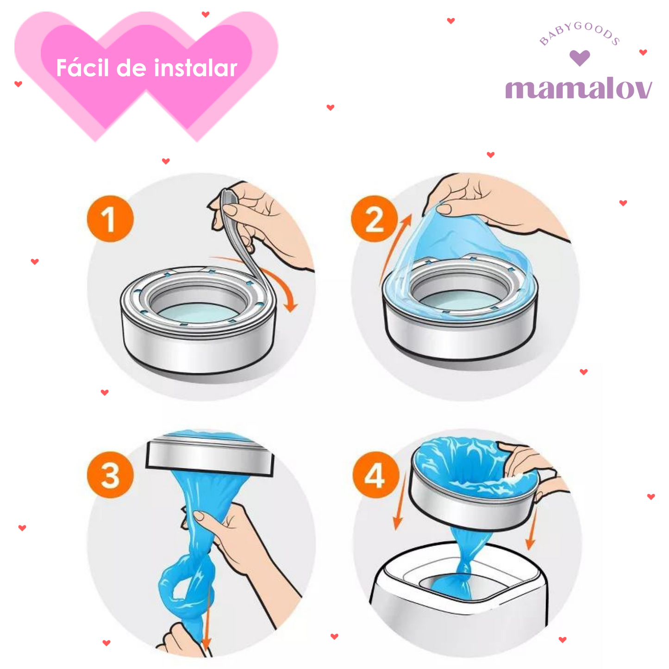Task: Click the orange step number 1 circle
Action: pos(110,219)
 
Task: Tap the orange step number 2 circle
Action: pos(374,219)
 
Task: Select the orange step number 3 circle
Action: pos(110,475)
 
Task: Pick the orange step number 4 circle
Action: pos(375,475)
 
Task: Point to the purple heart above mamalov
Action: pos(579,58)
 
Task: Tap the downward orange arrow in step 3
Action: pos(206,616)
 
